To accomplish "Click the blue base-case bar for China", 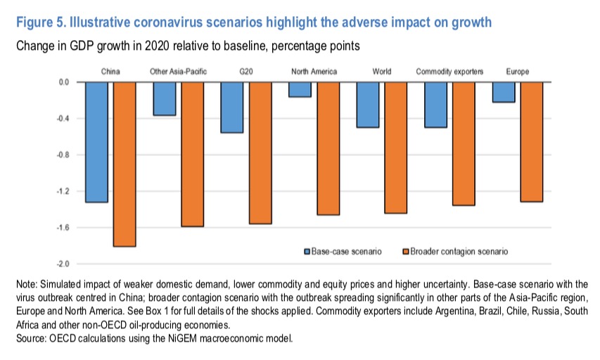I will click(x=96, y=142).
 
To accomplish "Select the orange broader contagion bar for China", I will click(x=125, y=164).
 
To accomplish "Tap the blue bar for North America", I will click(x=300, y=89).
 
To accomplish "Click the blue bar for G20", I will click(x=232, y=108).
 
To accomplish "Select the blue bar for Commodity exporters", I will click(x=436, y=105).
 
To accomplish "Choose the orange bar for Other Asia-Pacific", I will click(x=193, y=154).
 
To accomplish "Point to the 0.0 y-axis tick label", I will click(x=63, y=82).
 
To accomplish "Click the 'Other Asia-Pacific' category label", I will click(x=179, y=72).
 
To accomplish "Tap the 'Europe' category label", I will click(x=518, y=72).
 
